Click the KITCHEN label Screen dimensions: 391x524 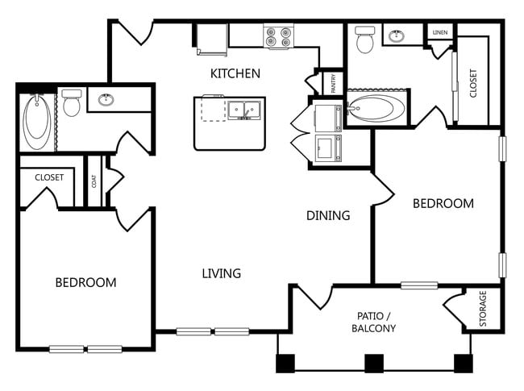pyautogui.click(x=235, y=73)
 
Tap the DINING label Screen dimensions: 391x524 pyautogui.click(x=328, y=215)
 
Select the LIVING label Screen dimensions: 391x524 pyautogui.click(x=221, y=273)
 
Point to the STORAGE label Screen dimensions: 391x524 pyautogui.click(x=484, y=309)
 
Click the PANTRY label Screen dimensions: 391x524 pyautogui.click(x=331, y=82)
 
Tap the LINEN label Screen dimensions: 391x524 pyautogui.click(x=439, y=32)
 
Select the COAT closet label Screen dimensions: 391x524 pyautogui.click(x=94, y=182)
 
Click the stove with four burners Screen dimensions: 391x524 pyautogui.click(x=278, y=35)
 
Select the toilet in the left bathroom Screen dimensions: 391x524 pyautogui.click(x=72, y=102)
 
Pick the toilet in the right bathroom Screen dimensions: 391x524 pyautogui.click(x=365, y=40)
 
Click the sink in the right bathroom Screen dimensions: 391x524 pyautogui.click(x=397, y=35)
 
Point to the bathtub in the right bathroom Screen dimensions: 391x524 pyautogui.click(x=377, y=110)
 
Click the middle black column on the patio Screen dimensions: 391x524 pyautogui.click(x=374, y=363)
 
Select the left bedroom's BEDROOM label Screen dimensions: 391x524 pyautogui.click(x=85, y=282)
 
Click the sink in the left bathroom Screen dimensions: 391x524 pyautogui.click(x=106, y=100)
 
